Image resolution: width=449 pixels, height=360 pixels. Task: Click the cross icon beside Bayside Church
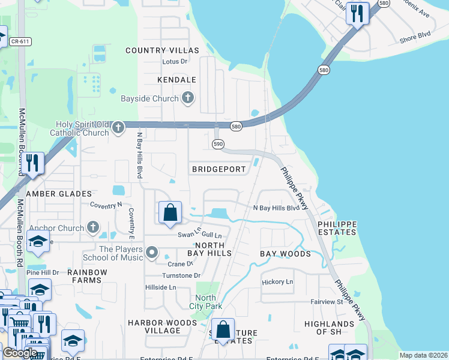pyautogui.click(x=188, y=98)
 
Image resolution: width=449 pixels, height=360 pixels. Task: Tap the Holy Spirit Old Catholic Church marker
pyautogui.click(x=118, y=127)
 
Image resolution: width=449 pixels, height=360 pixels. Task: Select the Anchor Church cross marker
pyautogui.click(x=92, y=227)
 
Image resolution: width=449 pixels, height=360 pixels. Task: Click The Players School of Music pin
pyautogui.click(x=152, y=253)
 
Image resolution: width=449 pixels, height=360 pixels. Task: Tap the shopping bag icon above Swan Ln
pyautogui.click(x=170, y=212)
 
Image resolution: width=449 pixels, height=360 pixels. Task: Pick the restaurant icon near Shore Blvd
pyautogui.click(x=358, y=14)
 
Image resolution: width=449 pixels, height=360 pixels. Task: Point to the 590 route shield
pyautogui.click(x=218, y=144)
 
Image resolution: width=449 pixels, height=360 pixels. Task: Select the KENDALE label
pyautogui.click(x=176, y=80)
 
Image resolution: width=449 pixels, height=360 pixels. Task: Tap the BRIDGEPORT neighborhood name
pyautogui.click(x=219, y=169)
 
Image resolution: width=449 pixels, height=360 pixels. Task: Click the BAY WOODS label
pyautogui.click(x=285, y=254)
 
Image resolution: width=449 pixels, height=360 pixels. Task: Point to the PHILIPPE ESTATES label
pyautogui.click(x=337, y=228)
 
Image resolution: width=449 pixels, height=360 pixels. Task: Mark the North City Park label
pyautogui.click(x=205, y=302)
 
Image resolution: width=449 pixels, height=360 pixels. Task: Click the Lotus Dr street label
pyautogui.click(x=175, y=61)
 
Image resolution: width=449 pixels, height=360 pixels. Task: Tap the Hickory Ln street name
pyautogui.click(x=277, y=281)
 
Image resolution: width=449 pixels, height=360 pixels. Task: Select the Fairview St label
pyautogui.click(x=327, y=302)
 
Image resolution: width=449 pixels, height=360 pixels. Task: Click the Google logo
pyautogui.click(x=20, y=353)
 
